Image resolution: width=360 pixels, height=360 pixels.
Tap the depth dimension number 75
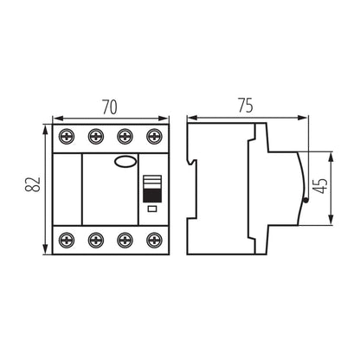coord(247,107)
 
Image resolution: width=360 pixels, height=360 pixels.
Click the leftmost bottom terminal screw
coord(67,240)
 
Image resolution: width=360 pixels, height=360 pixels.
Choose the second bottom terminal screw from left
coord(95,240)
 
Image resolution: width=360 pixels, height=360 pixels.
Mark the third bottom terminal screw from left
coord(125,240)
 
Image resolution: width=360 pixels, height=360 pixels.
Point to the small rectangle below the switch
coord(151,209)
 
